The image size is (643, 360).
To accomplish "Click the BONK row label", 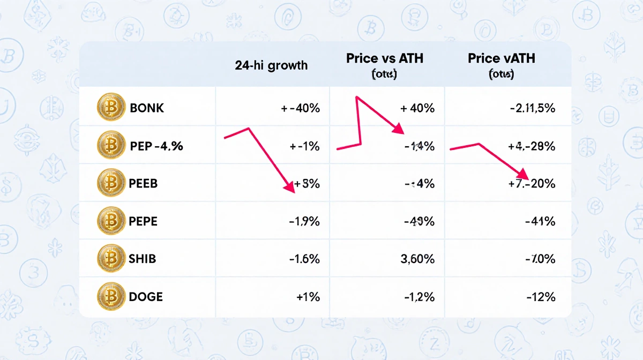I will [147, 108].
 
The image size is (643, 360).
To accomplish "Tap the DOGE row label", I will [146, 296].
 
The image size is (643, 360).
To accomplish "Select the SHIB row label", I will [142, 259].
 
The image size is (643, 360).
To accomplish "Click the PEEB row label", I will [143, 183].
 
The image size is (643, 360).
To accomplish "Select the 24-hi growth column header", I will [271, 65].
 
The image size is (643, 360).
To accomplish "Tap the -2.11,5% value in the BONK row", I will [532, 108].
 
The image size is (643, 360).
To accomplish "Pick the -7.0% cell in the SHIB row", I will [540, 259].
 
